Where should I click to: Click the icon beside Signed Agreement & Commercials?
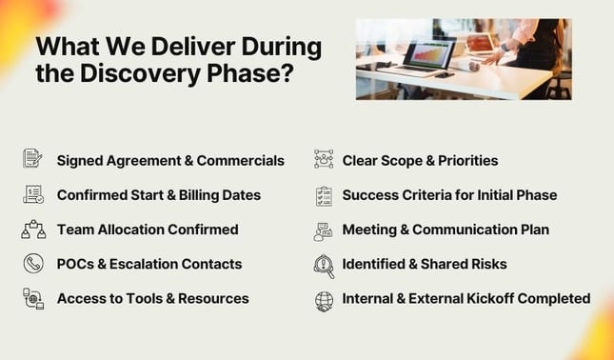33,159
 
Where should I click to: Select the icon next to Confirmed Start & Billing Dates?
33,194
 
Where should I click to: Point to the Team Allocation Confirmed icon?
33,229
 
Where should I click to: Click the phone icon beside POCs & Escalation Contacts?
33,264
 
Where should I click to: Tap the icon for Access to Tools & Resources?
33,299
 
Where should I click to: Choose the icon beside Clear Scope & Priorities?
324,159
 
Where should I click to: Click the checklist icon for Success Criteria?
324,194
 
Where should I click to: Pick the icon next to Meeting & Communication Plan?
324,230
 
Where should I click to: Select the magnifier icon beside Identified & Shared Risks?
324,265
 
